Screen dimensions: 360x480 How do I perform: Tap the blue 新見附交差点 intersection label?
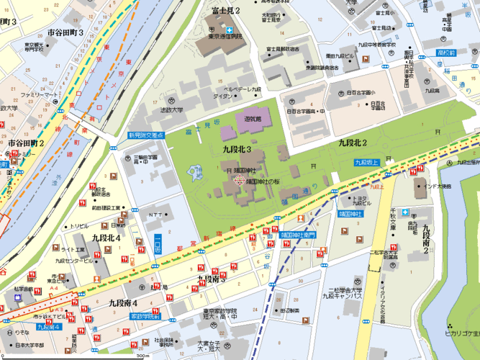146,135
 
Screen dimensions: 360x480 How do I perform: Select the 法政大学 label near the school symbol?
171,110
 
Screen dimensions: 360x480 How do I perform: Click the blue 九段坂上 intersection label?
368,163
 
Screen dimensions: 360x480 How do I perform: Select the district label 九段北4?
106,236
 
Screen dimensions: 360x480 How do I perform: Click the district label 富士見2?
225,10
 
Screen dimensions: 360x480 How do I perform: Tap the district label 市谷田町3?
65,32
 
